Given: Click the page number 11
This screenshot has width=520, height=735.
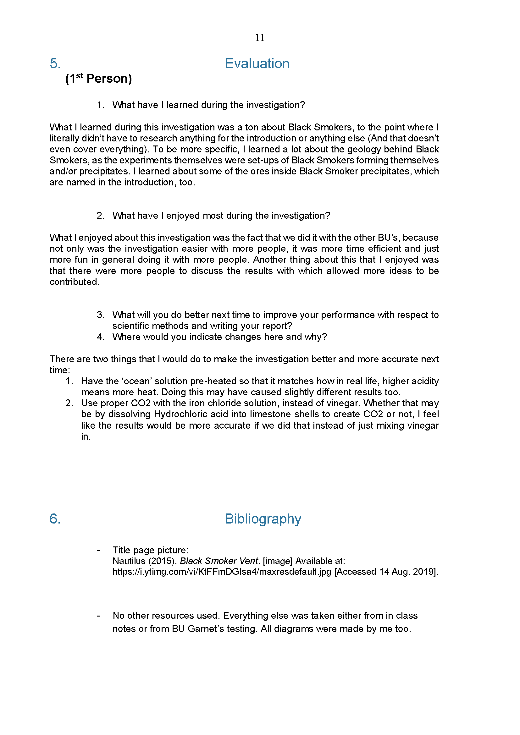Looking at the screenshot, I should [260, 38].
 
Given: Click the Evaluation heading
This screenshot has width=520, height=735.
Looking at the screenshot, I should [257, 63].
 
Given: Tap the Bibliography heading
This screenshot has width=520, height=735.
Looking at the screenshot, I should [263, 518].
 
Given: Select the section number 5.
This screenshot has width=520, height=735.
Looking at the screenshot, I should [55, 63].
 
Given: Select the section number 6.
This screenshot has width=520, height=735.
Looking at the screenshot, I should [55, 518].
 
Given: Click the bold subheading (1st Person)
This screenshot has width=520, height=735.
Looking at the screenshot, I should [99, 79].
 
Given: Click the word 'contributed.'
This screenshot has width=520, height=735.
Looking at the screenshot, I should [74, 282].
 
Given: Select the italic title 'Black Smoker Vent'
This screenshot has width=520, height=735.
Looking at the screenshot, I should [219, 561].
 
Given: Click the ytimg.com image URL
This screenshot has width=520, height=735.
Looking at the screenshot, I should [222, 572].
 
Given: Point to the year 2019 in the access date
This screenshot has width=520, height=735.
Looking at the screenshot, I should [425, 572].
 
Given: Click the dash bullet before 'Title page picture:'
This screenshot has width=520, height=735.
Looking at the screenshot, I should [98, 550].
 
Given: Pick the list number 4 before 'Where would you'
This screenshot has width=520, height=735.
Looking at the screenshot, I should [100, 337].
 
